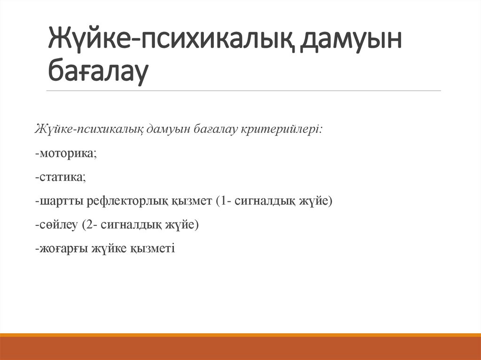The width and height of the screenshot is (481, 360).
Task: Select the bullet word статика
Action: coord(62,177)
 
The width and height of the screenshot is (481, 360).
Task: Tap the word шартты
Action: coord(58,201)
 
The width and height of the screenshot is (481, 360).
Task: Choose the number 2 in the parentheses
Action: coord(88,225)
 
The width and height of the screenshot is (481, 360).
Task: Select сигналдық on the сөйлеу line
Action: coord(129,225)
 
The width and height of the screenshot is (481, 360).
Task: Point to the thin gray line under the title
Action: coord(244,91)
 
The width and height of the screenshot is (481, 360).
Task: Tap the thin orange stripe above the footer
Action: coord(240,335)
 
